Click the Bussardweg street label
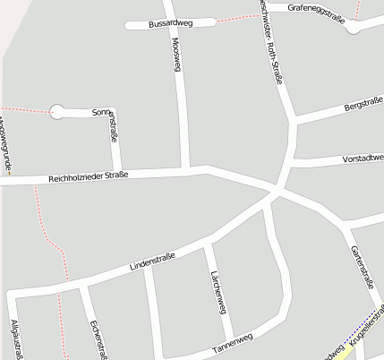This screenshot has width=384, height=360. (x=171, y=23)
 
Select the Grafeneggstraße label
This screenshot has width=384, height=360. (x=318, y=7)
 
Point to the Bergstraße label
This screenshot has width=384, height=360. (x=363, y=108)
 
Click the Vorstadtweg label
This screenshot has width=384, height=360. (x=363, y=159)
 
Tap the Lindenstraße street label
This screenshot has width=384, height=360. (x=152, y=261)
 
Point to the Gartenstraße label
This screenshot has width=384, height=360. (x=362, y=266)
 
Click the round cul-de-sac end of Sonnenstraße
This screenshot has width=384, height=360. (x=57, y=112)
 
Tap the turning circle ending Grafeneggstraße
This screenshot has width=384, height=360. (x=354, y=28)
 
